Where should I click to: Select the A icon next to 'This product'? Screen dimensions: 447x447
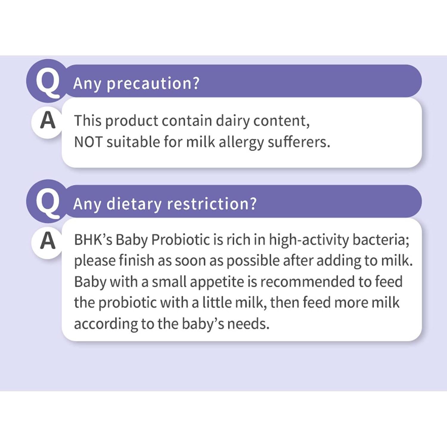tap(48, 121)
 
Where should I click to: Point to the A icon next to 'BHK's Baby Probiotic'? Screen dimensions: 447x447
tap(48, 241)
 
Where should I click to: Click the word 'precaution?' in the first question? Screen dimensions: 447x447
tap(153, 84)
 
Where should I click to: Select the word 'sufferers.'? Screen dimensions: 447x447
tap(299, 142)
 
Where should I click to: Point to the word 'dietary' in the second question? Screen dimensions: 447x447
tap(134, 204)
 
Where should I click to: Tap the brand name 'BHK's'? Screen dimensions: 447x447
tap(93, 240)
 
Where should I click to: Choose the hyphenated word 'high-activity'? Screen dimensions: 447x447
tap(309, 240)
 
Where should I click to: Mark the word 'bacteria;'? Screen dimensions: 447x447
tap(381, 240)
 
